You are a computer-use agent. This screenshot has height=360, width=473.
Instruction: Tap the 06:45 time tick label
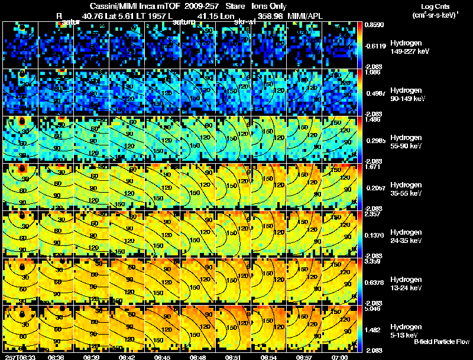coord(163,356)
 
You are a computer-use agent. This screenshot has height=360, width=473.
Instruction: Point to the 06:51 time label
coord(234,356)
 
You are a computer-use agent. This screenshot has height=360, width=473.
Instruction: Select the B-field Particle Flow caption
coord(441,342)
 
